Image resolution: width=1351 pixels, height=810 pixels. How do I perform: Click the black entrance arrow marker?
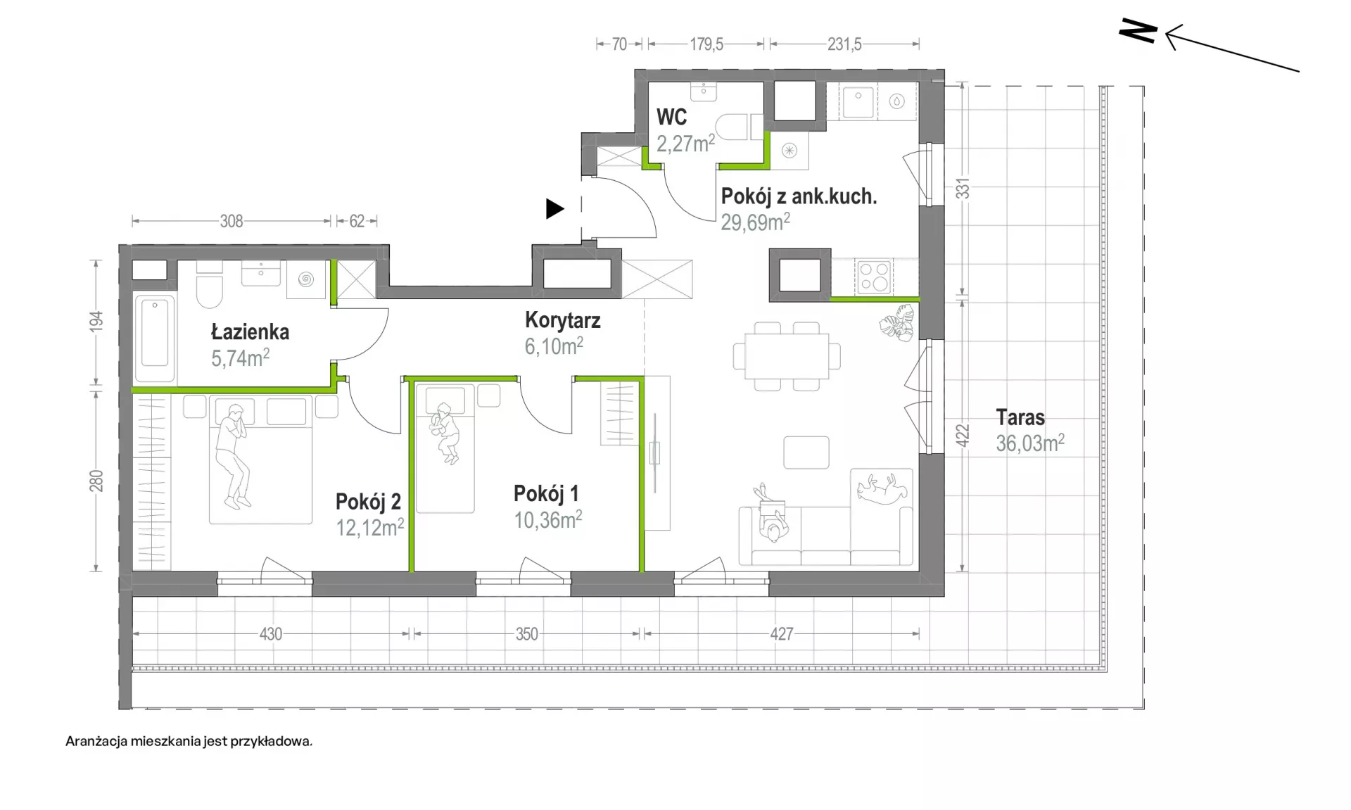click(x=554, y=208)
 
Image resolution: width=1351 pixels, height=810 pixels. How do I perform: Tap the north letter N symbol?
click(x=1138, y=31)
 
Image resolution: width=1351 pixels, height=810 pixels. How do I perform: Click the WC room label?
click(x=671, y=117)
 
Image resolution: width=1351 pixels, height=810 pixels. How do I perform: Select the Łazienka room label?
click(x=250, y=331)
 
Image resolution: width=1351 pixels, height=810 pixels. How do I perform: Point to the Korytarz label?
click(x=563, y=321)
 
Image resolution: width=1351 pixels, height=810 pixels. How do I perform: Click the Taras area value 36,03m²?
click(x=1030, y=443)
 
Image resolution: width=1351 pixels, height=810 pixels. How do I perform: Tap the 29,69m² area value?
click(x=755, y=222)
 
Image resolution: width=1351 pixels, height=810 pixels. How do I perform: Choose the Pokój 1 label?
click(x=546, y=493)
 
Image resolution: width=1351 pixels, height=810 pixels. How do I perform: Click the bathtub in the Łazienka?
click(x=155, y=333)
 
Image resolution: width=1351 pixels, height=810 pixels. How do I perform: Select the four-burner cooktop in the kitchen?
click(x=875, y=277)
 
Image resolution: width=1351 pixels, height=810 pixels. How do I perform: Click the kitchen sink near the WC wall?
click(x=858, y=101)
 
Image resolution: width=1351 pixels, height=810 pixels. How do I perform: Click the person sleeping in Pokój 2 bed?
click(x=233, y=455)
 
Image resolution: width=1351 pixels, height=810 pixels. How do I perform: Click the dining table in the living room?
click(x=787, y=356)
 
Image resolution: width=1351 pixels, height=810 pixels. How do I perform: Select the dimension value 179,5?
click(x=706, y=44)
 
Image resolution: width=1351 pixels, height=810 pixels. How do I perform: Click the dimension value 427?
click(x=781, y=634)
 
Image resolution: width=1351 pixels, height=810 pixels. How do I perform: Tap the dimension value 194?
click(x=96, y=322)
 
